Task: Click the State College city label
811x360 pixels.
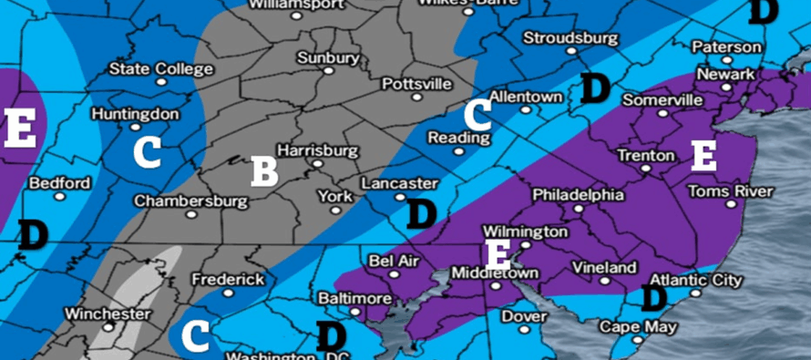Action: [x=160, y=68]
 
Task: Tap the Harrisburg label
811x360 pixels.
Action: [x=315, y=150]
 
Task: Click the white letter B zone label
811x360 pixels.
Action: [x=263, y=170]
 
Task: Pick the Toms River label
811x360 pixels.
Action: [x=730, y=191]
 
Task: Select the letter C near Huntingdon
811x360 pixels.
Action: [x=147, y=151]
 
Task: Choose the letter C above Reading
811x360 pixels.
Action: [x=477, y=115]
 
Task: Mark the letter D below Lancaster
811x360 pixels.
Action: [x=421, y=214]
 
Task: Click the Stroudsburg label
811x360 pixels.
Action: [x=570, y=38]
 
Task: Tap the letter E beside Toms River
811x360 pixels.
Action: [x=703, y=156]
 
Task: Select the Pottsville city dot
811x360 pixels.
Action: [x=416, y=97]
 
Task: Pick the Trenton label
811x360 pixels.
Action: [x=645, y=156]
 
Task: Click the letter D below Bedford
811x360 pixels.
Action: [x=33, y=234]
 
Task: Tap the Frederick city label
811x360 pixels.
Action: [x=229, y=279]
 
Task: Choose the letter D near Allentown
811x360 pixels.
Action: [x=595, y=88]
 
